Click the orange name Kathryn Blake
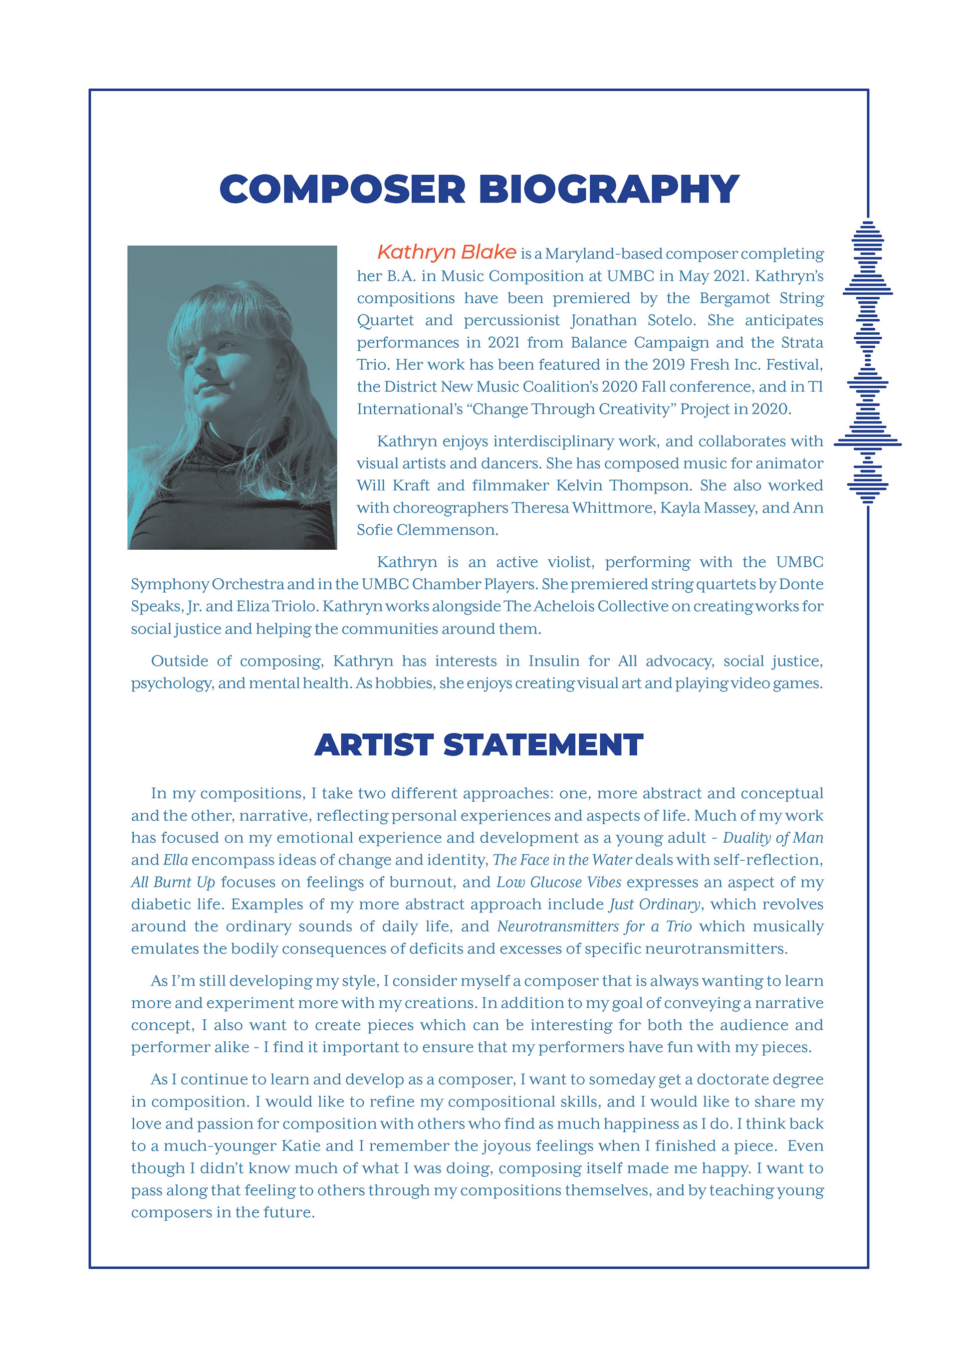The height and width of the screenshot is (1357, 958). [447, 252]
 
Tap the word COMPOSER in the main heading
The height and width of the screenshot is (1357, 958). [342, 189]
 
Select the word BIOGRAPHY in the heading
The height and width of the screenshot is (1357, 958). [609, 189]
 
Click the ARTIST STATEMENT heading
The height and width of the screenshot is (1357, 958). [479, 745]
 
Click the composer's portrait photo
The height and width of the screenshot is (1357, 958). [232, 397]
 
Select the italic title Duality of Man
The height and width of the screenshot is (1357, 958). [772, 838]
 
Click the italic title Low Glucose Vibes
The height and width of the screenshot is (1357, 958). [558, 882]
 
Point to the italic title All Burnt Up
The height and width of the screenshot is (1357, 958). [173, 882]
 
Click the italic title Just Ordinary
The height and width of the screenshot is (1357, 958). [654, 905]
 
